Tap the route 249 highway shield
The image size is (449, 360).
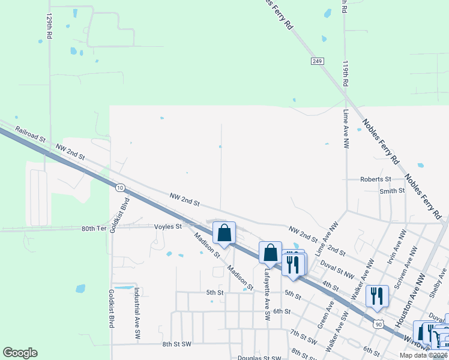tap(318, 61)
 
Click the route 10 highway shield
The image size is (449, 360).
tap(120, 188)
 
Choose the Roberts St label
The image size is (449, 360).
tap(375, 179)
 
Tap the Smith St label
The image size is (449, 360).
tap(392, 191)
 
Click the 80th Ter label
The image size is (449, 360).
tap(94, 229)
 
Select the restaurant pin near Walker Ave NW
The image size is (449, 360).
tap(377, 295)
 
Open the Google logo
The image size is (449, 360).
tap(20, 353)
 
